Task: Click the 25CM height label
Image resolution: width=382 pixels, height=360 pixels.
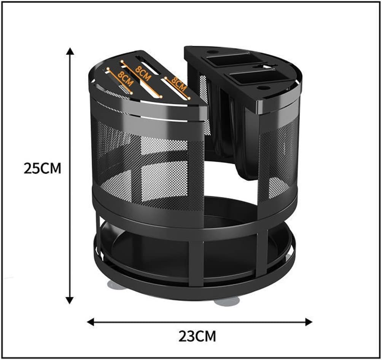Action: (42, 168)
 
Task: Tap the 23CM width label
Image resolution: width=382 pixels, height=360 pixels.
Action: (197, 336)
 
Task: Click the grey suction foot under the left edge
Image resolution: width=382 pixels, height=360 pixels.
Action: (117, 285)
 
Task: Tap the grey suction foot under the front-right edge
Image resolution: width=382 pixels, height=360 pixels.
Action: (227, 301)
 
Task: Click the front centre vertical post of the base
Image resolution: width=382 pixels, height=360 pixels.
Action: (196, 263)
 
